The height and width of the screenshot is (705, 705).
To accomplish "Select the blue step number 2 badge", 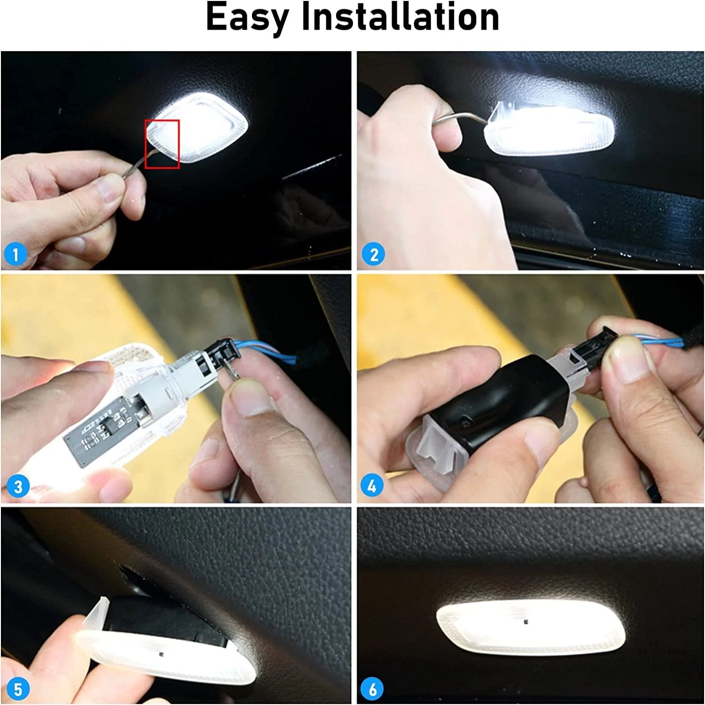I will point(373,254).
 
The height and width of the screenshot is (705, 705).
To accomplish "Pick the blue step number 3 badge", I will point(18,486).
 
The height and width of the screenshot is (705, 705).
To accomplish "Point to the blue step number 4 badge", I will point(372,486).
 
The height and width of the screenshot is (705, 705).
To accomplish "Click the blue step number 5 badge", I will point(18,689).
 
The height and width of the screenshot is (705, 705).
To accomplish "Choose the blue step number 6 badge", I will point(372,689).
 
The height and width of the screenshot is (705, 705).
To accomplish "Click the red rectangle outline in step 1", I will point(162,144).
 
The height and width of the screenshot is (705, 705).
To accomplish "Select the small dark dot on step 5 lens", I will point(161,655).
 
